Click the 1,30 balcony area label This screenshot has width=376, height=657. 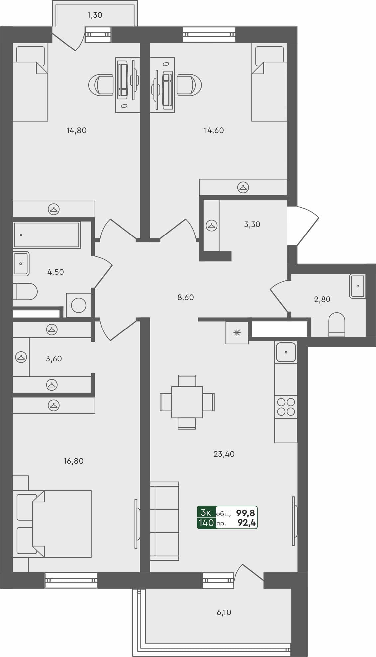pos(95,15)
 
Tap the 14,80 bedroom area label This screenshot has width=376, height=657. pos(77,130)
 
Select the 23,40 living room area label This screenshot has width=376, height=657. pos(224,454)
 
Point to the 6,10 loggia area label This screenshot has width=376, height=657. pos(224,612)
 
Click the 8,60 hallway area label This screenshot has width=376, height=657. pos(186,297)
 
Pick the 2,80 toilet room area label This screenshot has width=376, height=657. pos(322,299)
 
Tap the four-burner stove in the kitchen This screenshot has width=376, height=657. pos(286,407)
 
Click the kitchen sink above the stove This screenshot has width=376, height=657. pos(286,352)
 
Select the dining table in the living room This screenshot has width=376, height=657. pos(187,402)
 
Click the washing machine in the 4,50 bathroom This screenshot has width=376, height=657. pos(79,305)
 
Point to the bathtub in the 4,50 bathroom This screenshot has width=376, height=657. pos(47,235)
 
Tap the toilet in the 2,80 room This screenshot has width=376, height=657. pos(336,324)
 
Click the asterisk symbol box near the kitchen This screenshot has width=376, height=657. pos(237,332)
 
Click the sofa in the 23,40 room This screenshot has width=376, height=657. pos(164,521)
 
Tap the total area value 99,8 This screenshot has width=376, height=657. pos(246,513)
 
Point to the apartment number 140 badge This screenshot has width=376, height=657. pos(206,523)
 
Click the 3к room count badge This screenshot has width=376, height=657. pos(206,513)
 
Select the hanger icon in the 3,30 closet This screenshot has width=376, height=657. pos(211,225)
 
